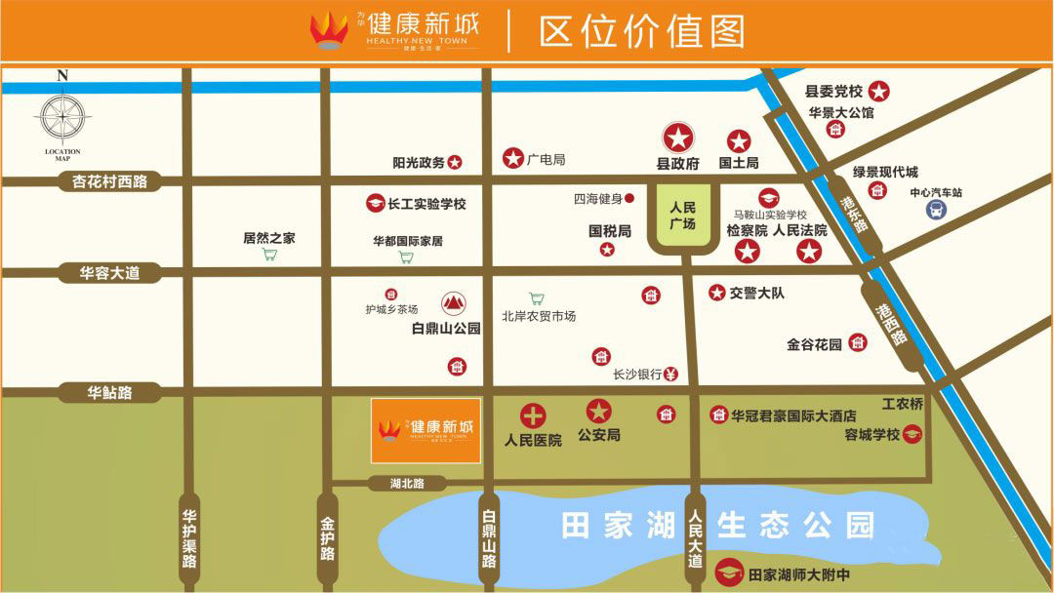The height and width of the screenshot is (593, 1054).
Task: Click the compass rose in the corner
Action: pyautogui.click(x=62, y=116)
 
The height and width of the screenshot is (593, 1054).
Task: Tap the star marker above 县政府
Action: pyautogui.click(x=678, y=138)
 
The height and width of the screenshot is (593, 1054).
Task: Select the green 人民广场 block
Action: pyautogui.click(x=682, y=217)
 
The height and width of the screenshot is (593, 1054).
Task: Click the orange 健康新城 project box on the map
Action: pyautogui.click(x=426, y=430)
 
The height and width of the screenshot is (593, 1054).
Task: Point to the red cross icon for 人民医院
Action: pyautogui.click(x=533, y=416)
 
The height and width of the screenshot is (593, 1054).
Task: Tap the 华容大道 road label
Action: pyautogui.click(x=109, y=273)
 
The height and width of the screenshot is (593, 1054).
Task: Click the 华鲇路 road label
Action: pyautogui.click(x=109, y=393)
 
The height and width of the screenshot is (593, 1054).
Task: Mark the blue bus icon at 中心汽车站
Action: pyautogui.click(x=935, y=211)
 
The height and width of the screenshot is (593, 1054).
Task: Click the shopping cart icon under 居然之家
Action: pyautogui.click(x=269, y=256)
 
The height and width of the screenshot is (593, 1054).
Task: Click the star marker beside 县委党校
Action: pyautogui.click(x=879, y=92)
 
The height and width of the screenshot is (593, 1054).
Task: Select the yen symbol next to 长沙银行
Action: pyautogui.click(x=670, y=374)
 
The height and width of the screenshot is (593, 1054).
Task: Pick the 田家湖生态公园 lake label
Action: pyautogui.click(x=717, y=525)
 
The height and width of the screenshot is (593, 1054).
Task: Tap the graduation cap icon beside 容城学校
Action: pyautogui.click(x=912, y=435)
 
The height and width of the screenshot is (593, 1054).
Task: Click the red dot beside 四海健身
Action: pyautogui.click(x=629, y=199)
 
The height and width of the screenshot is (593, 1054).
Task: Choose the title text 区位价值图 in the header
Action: pyautogui.click(x=641, y=31)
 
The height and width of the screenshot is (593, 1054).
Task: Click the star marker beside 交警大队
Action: pyautogui.click(x=717, y=293)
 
